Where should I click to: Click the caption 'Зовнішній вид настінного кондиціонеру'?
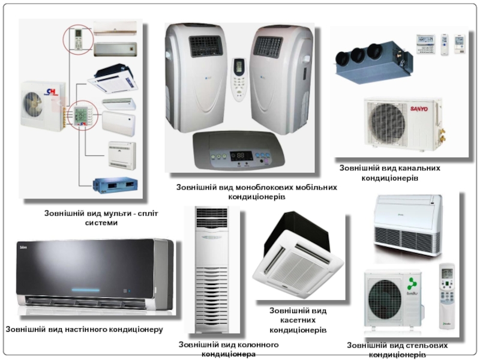(85, 329)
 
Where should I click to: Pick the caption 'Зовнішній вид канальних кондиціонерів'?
(389, 173)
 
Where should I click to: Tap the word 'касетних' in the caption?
(298, 320)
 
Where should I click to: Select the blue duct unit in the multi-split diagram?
(114, 182)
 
